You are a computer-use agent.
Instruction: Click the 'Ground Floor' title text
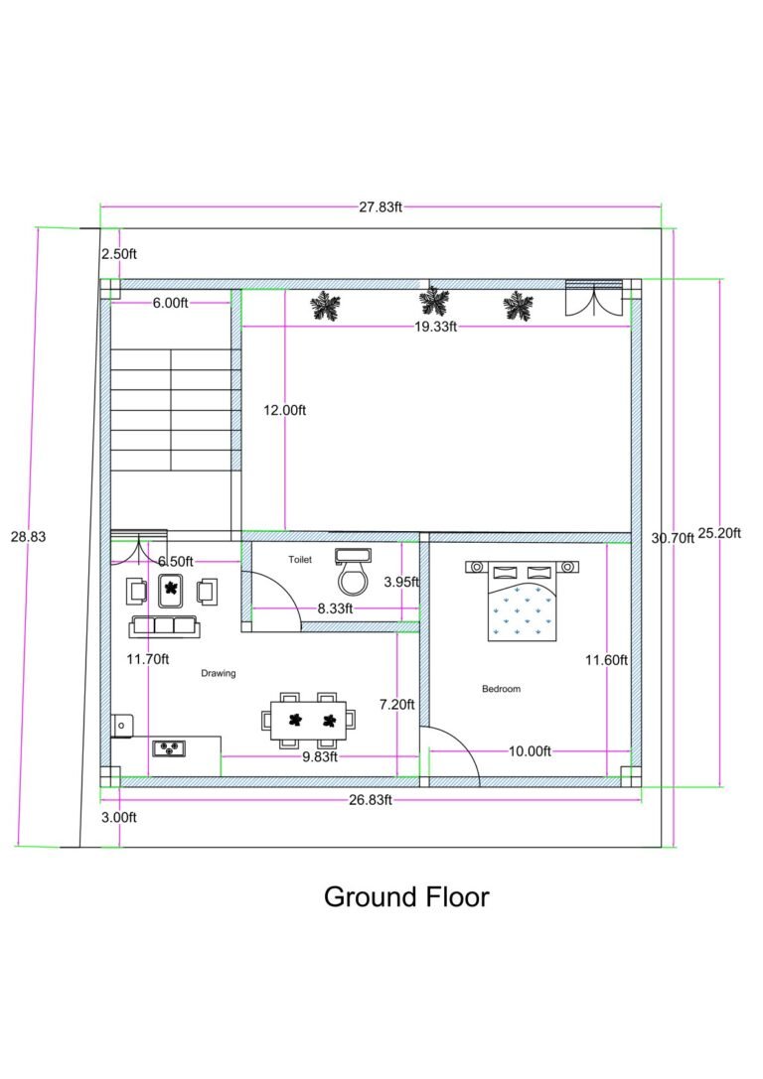tap(406, 897)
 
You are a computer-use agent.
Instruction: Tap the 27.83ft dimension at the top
tap(381, 207)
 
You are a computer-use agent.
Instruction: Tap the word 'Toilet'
tap(300, 560)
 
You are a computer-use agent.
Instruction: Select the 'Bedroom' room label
tap(501, 689)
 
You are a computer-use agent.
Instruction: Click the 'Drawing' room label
tap(219, 673)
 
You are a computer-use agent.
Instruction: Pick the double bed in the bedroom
tap(522, 602)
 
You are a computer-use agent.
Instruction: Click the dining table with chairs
tap(309, 719)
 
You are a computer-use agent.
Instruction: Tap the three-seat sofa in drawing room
tap(164, 626)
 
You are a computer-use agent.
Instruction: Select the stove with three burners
tap(169, 747)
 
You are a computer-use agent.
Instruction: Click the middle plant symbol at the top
tap(432, 302)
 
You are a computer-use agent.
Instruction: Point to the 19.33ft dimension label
tap(436, 326)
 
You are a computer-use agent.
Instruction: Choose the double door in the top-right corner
tap(593, 298)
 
